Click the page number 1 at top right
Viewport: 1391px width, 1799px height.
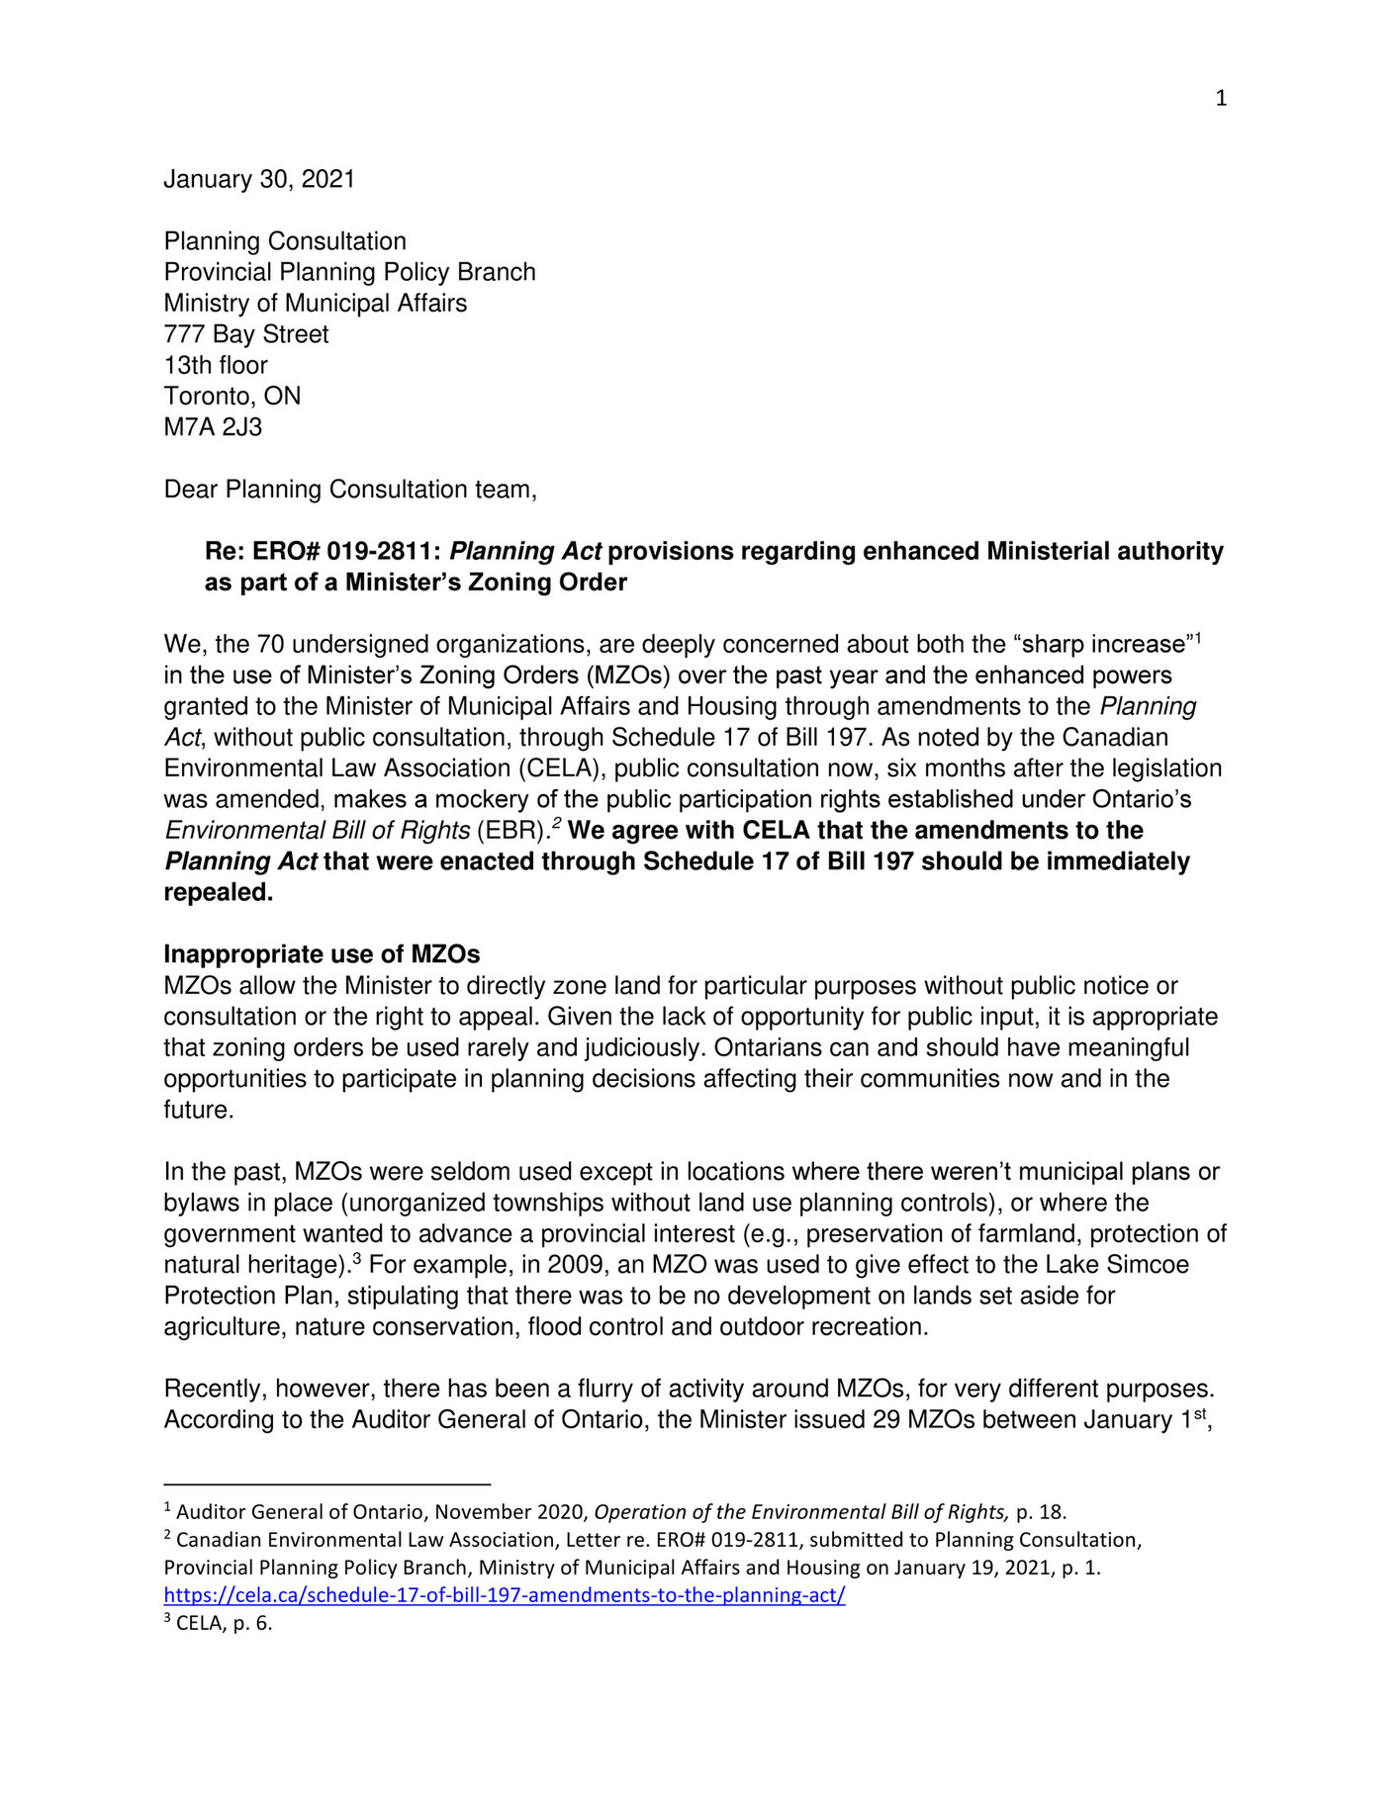(x=1221, y=98)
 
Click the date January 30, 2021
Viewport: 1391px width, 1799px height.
(x=259, y=179)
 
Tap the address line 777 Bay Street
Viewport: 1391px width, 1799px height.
(x=246, y=334)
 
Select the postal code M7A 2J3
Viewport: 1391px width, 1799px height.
(x=213, y=427)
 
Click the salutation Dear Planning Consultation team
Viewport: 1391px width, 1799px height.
(x=350, y=490)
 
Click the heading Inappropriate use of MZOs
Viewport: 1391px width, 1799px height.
(x=322, y=954)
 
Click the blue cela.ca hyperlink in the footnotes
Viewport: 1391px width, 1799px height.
(x=505, y=1595)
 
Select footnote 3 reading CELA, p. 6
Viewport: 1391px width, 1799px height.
(x=218, y=1623)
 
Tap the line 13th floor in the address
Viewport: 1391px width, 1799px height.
(x=216, y=365)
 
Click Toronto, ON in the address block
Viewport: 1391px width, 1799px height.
(x=232, y=397)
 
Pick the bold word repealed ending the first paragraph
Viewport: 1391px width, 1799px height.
(x=218, y=893)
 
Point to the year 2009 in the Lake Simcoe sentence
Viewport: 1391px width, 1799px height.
(x=574, y=1265)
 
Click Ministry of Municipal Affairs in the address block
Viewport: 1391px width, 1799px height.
(x=316, y=303)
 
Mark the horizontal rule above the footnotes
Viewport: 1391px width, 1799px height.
(x=326, y=1484)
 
